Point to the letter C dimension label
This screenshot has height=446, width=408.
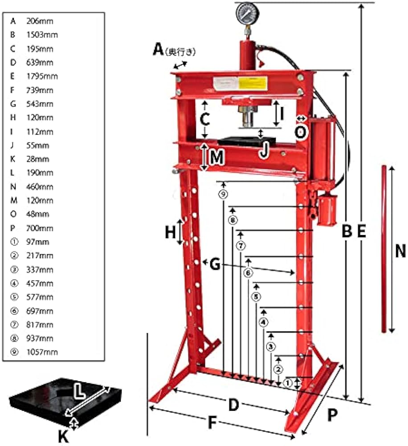(204, 120)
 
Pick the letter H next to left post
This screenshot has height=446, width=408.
(170, 232)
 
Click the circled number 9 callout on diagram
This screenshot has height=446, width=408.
(223, 194)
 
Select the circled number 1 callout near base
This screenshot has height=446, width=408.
(287, 382)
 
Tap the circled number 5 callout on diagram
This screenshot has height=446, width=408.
(256, 296)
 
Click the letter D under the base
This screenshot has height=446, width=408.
(233, 405)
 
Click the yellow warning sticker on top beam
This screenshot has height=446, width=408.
(253, 83)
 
